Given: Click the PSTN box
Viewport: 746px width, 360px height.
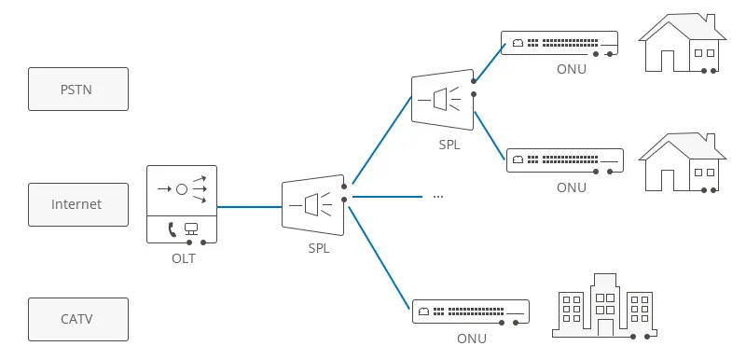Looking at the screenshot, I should (x=78, y=90).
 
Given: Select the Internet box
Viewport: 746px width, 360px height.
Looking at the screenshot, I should (x=78, y=204).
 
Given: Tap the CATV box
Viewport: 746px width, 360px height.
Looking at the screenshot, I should (x=78, y=319).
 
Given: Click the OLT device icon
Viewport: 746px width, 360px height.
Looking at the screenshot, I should (x=182, y=204).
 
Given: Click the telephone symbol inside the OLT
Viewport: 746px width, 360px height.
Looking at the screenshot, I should (x=173, y=228).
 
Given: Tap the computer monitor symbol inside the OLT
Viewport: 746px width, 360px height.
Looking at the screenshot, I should (x=192, y=228).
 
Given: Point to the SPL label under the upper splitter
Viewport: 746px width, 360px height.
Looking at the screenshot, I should (x=449, y=145).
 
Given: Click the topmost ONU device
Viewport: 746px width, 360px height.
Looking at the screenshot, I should (x=559, y=43).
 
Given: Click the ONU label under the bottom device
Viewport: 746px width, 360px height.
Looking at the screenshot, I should (x=472, y=339).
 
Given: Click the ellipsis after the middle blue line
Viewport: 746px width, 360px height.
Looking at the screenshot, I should (x=437, y=197).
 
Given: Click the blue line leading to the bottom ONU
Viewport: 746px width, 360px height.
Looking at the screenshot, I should (x=378, y=260).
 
